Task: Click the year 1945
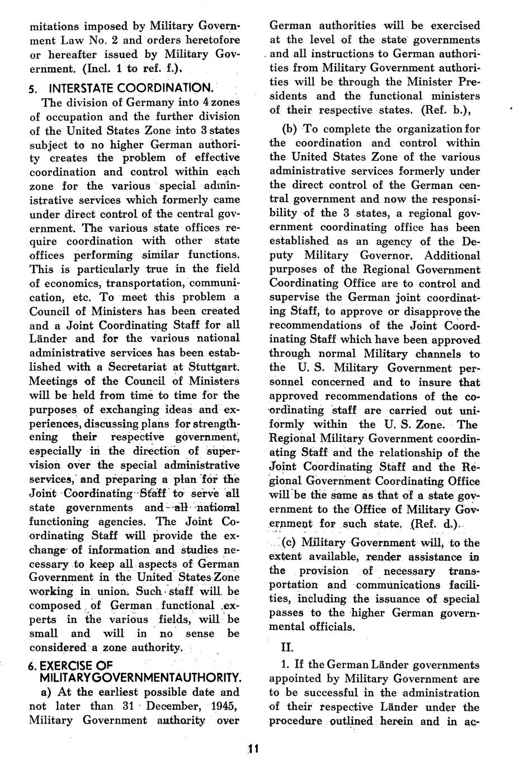coord(224,706)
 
